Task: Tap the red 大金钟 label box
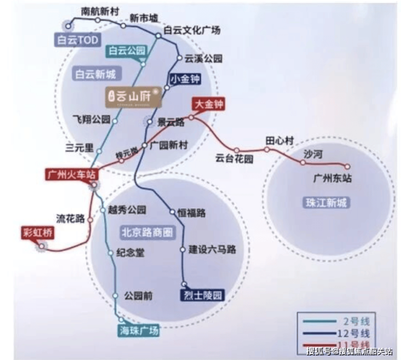click(x=209, y=103)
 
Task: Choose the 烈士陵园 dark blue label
click(x=202, y=295)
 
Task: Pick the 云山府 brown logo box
click(x=132, y=96)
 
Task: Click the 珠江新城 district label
click(x=325, y=203)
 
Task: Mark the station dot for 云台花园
click(x=236, y=150)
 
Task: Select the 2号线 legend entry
click(x=336, y=320)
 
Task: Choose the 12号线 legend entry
click(x=336, y=333)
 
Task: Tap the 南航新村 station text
click(x=99, y=11)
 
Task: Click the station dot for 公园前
click(x=115, y=295)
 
